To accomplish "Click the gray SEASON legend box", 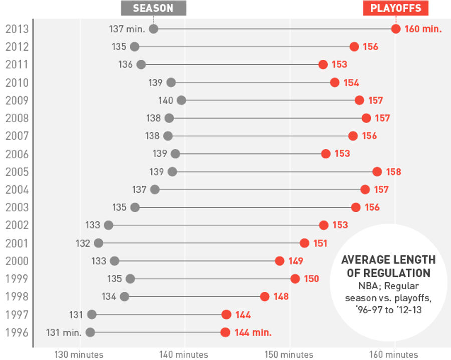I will click(153, 8).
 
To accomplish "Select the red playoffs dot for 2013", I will click(396, 29).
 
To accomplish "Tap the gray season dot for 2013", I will click(154, 29).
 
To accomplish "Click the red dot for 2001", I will click(305, 243).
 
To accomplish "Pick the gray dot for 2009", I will click(181, 100).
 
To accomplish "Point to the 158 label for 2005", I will click(393, 172).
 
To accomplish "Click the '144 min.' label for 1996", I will click(253, 332).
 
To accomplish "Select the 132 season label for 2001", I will click(83, 243).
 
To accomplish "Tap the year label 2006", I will click(17, 154).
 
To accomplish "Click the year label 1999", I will click(17, 279).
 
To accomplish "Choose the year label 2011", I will click(17, 65).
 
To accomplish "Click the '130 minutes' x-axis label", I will click(79, 354).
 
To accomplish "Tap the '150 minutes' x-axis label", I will click(290, 354).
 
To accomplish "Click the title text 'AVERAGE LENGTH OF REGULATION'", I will click(388, 266).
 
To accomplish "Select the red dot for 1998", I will click(265, 296).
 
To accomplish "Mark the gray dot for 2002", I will click(108, 225).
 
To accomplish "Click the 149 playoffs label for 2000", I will click(296, 261).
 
